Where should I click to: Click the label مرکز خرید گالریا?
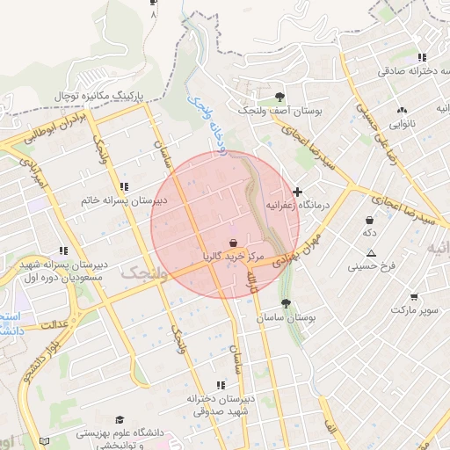(x=232, y=257)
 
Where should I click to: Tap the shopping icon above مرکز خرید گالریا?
(x=233, y=243)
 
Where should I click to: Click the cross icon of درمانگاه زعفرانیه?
(x=297, y=192)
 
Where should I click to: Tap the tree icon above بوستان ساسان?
(x=285, y=303)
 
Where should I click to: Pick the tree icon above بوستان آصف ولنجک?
(x=279, y=97)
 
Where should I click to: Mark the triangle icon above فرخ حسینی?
(x=372, y=252)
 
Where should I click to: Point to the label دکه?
(x=370, y=233)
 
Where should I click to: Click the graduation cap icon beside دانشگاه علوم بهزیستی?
(x=120, y=420)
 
